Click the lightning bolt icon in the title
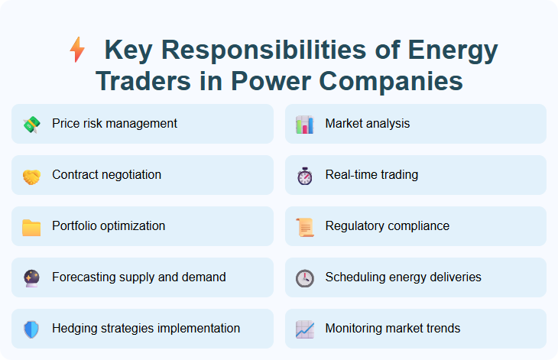click(x=77, y=50)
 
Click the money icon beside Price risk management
click(x=31, y=125)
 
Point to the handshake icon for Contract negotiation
click(x=31, y=176)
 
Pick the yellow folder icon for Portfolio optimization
click(x=31, y=227)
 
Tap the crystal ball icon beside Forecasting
click(x=31, y=278)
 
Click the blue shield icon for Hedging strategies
click(x=31, y=329)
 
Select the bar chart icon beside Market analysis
click(x=304, y=125)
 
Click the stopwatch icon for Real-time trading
click(x=304, y=176)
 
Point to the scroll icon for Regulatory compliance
click(x=304, y=227)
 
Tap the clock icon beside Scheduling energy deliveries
click(x=304, y=278)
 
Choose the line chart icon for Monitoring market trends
click(x=304, y=329)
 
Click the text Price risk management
click(x=115, y=124)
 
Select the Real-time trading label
click(x=371, y=175)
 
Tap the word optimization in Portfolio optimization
click(x=131, y=226)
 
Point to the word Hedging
click(x=73, y=329)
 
